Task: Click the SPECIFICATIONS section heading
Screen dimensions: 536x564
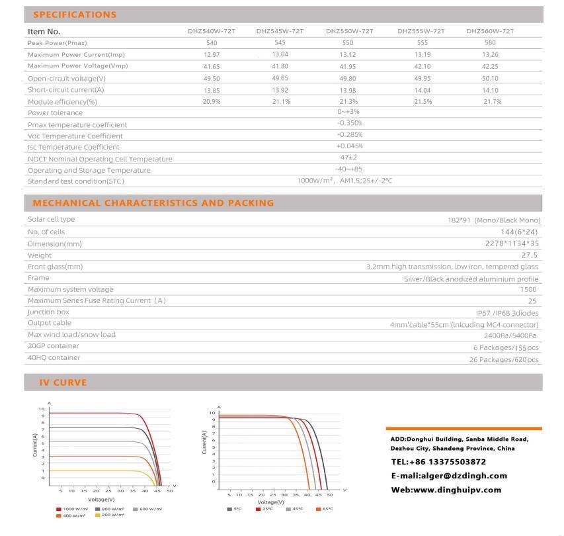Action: tap(75, 15)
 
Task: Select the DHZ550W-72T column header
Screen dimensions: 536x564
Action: tap(350, 31)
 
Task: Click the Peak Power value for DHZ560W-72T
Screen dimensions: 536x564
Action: tap(490, 43)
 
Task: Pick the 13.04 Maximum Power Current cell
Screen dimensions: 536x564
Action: tap(280, 54)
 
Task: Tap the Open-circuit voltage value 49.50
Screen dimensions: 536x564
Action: tap(212, 78)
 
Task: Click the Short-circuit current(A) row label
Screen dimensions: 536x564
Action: tap(66, 89)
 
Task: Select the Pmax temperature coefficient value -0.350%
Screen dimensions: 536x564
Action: tap(350, 123)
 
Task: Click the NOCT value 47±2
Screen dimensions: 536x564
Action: tap(350, 157)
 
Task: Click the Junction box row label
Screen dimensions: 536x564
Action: tap(48, 312)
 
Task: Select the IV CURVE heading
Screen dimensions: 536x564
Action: tap(60, 382)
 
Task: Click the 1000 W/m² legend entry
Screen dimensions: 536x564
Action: tap(72, 509)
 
